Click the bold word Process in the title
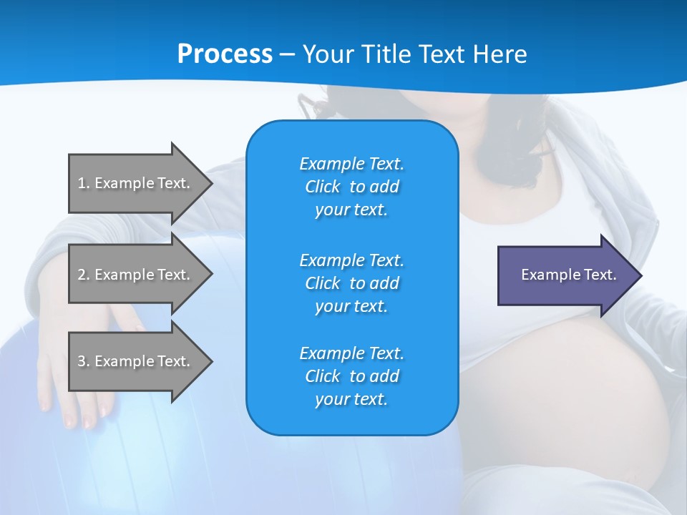225,54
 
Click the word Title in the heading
385,54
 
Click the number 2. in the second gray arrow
84,275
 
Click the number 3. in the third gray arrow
84,361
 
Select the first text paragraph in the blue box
351,187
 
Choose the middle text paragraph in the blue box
351,283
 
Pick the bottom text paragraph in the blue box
351,376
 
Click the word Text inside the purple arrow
600,275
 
